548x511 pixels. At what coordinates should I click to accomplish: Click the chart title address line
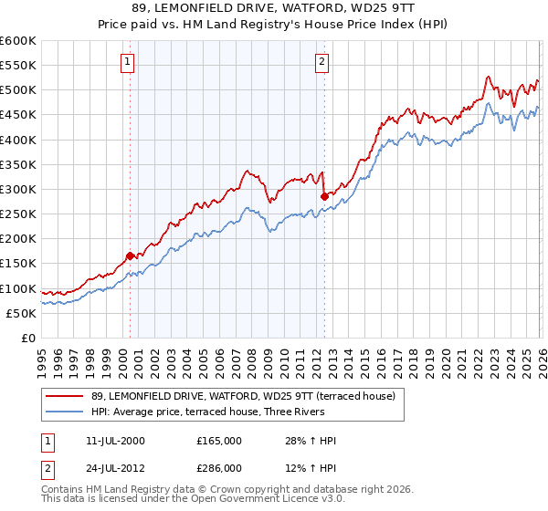point(273,9)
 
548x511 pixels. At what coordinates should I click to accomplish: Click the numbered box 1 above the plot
point(126,62)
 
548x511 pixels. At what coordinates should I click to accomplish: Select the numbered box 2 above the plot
point(322,62)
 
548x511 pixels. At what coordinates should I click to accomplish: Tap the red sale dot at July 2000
point(130,255)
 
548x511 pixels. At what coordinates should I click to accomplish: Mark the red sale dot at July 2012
point(324,196)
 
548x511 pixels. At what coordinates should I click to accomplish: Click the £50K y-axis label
point(21,313)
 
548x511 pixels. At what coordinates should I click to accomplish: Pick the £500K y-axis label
point(18,90)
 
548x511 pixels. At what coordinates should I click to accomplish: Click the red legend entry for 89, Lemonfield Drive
point(243,396)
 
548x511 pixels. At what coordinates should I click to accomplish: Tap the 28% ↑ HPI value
point(311,441)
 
